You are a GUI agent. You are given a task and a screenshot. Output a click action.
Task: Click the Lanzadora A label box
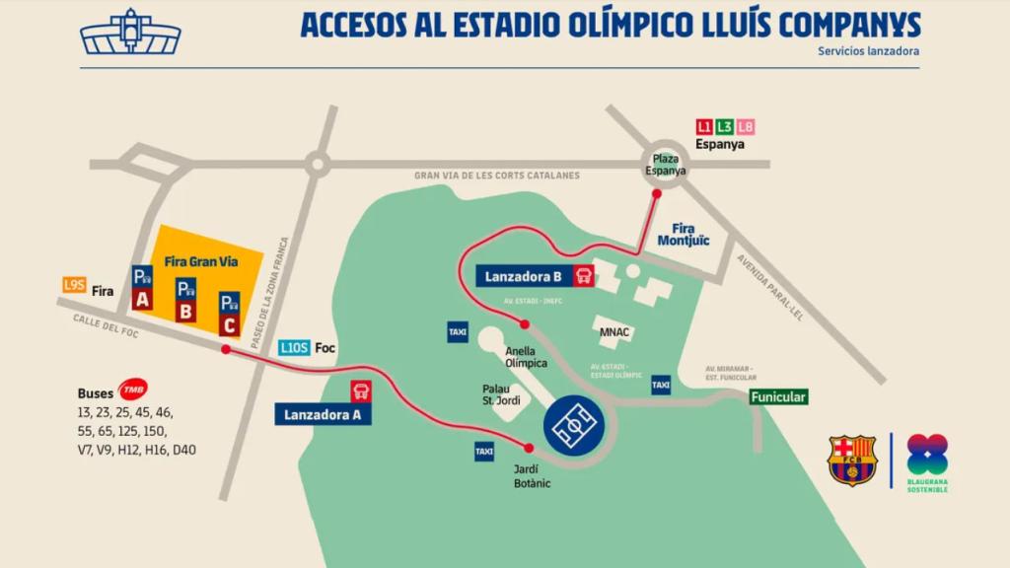(323, 415)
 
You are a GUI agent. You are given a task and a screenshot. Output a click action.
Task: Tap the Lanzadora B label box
(525, 277)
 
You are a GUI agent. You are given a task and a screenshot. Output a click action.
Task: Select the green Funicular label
(778, 397)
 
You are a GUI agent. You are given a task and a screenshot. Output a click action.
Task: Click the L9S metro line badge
(74, 284)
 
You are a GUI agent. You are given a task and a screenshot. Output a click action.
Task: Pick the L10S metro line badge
(294, 347)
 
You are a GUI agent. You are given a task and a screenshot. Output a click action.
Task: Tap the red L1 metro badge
(704, 126)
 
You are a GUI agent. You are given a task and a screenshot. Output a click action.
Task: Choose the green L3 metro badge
(725, 126)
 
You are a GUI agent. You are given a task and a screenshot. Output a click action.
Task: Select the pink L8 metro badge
(746, 126)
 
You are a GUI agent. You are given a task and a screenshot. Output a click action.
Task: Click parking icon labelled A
(142, 287)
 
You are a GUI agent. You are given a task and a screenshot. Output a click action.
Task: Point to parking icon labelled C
(230, 312)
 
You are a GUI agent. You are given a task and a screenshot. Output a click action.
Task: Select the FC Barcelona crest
(852, 460)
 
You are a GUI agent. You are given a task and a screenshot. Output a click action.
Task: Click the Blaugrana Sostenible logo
(926, 462)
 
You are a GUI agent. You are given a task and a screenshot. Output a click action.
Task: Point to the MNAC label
(615, 331)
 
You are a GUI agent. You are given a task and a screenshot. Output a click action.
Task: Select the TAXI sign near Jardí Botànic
(484, 451)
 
